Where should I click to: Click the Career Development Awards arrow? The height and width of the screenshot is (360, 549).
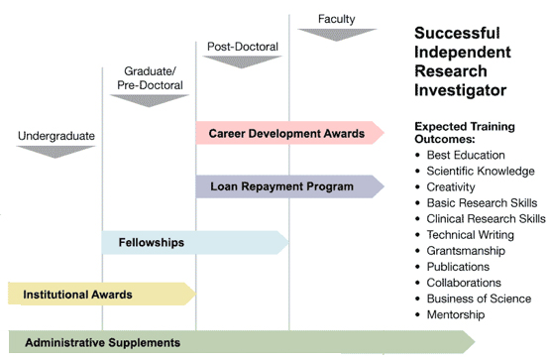288,133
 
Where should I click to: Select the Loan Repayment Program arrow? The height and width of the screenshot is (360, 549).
288,186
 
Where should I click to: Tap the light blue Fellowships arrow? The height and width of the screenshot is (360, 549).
194,241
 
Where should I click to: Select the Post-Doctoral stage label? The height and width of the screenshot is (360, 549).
243,47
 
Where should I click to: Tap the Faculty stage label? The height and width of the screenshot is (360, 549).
336,19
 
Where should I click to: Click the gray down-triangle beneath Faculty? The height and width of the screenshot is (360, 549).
336,35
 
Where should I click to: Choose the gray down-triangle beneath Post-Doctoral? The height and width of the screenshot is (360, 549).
243,61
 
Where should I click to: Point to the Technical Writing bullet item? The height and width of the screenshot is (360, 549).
470,235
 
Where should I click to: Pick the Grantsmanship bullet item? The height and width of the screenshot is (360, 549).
466,251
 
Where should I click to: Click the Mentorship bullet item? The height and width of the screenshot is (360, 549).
456,314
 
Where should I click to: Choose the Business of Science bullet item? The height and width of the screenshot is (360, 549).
479,299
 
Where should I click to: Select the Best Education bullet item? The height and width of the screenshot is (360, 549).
466,156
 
